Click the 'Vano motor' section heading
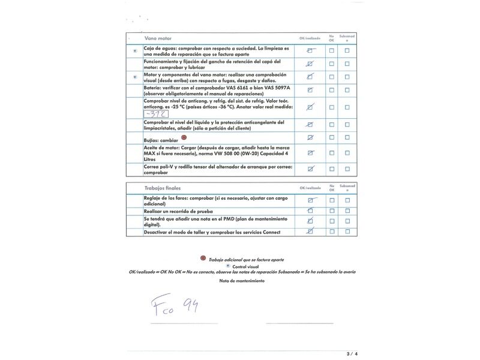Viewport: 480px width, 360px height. (158, 38)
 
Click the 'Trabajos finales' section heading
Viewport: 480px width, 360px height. (162, 187)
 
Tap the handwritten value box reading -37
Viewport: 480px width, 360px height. (156, 113)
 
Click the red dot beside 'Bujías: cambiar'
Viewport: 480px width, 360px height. (184, 137)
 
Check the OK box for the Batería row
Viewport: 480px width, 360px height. (310, 90)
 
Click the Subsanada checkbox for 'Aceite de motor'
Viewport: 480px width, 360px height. (347, 153)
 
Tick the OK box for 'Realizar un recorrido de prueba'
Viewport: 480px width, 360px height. (310, 211)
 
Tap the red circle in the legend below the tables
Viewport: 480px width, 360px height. (203, 259)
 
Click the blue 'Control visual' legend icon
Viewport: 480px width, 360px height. (227, 265)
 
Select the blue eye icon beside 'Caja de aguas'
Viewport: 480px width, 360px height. (134, 51)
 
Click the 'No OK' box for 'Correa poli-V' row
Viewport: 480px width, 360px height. (331, 169)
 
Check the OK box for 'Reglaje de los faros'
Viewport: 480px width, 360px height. (310, 200)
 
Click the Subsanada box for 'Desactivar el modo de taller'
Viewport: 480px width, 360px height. (347, 232)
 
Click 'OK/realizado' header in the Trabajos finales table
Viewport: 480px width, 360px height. (310, 188)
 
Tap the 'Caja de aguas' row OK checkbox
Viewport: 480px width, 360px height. (310, 51)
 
